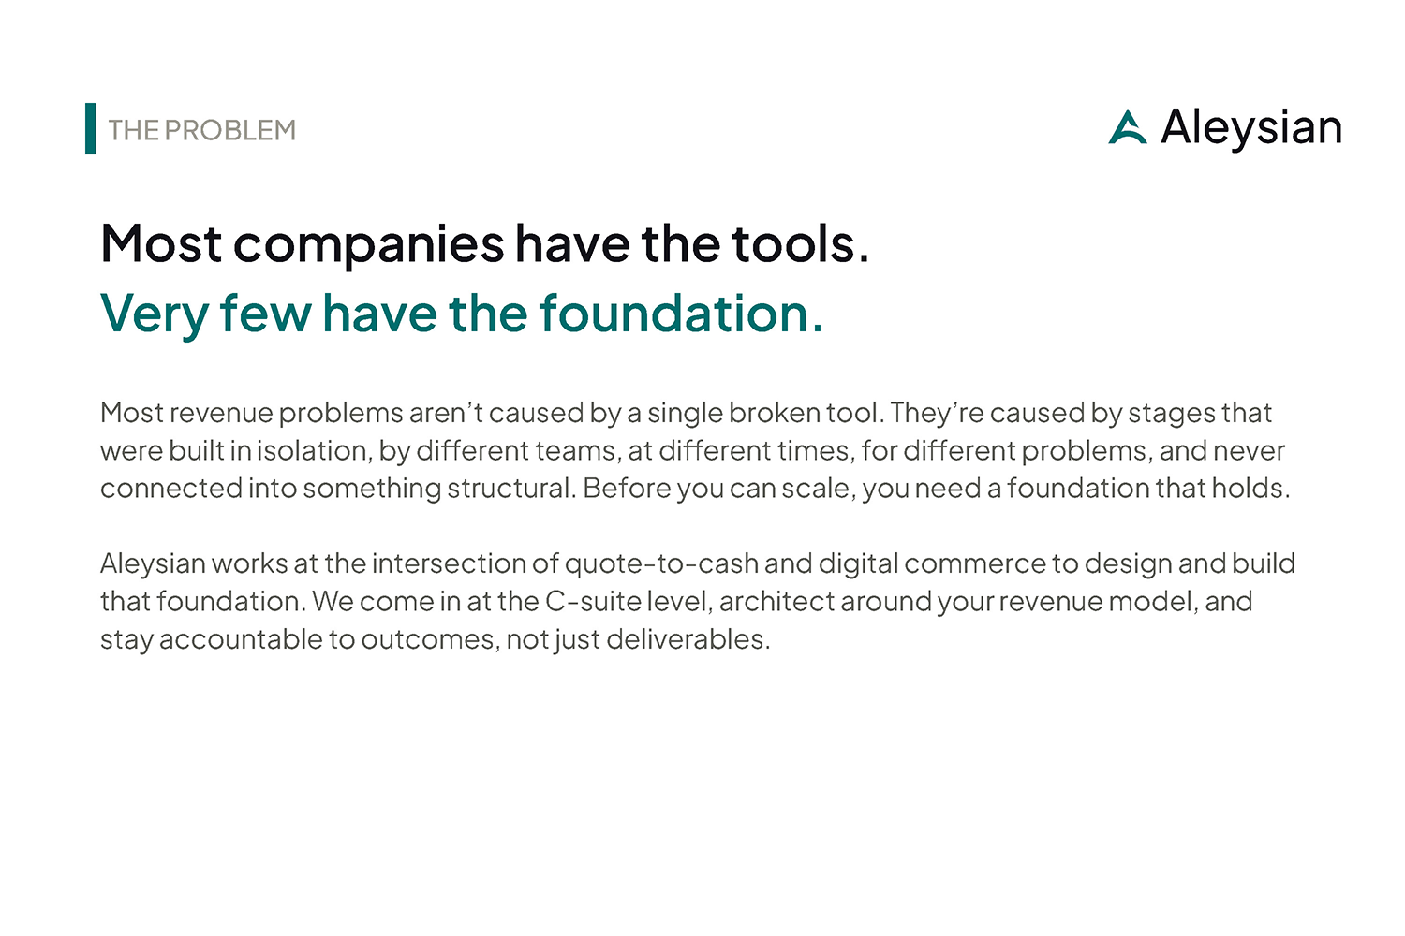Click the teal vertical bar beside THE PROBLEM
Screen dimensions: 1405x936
click(90, 128)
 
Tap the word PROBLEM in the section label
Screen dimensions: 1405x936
click(230, 130)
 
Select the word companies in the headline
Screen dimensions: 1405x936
click(369, 245)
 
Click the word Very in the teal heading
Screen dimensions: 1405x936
click(155, 314)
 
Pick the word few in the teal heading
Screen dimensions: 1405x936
click(265, 313)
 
